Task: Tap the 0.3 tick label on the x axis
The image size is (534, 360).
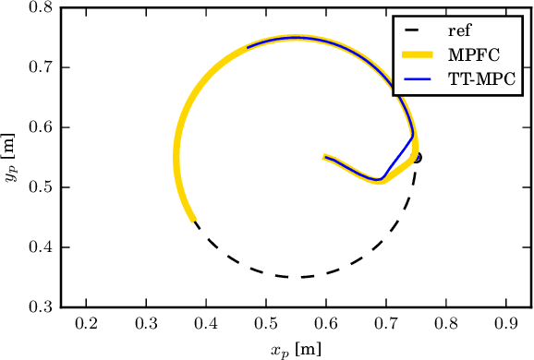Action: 146,324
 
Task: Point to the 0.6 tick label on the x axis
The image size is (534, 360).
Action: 325,324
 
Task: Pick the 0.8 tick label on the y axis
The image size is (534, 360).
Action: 40,8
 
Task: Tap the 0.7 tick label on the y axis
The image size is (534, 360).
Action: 40,68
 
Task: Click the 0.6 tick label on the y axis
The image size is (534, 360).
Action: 40,127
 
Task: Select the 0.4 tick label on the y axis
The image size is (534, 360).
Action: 40,247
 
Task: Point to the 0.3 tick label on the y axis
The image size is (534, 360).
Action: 40,307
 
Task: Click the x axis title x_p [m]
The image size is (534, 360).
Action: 296,348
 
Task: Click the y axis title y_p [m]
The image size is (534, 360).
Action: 10,158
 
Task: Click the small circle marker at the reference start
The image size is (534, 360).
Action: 418,158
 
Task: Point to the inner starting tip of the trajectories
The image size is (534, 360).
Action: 324,157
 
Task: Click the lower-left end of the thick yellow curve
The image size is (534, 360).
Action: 193,220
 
